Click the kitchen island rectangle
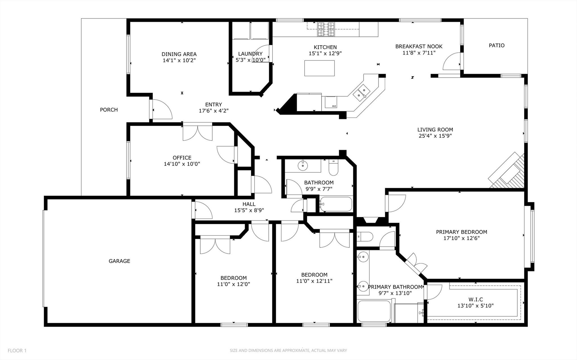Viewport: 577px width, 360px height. pos(319,68)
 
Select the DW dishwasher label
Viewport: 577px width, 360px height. pos(333,106)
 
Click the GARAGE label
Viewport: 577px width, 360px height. pos(120,261)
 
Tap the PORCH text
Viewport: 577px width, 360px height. pos(109,110)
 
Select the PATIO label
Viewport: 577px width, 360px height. pos(497,45)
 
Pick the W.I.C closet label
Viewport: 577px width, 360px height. pos(476,299)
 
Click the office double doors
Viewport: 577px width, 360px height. pos(197,132)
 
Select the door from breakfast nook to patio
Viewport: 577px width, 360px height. pos(452,61)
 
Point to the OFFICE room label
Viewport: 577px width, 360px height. pos(182,158)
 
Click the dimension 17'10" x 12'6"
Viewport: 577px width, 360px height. pos(461,238)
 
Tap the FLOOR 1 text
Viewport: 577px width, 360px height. pos(17,351)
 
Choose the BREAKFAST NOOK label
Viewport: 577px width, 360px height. pos(419,46)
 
